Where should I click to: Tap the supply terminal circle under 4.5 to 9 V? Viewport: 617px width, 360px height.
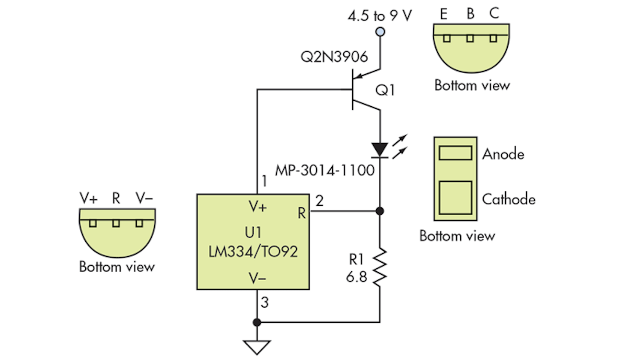pyautogui.click(x=380, y=32)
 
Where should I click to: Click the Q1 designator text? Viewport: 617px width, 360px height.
pyautogui.click(x=385, y=90)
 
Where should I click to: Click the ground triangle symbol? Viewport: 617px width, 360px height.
pyautogui.click(x=257, y=347)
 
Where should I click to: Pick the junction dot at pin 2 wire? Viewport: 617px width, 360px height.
pyautogui.click(x=380, y=211)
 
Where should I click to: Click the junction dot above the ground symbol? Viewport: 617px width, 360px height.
pyautogui.click(x=257, y=322)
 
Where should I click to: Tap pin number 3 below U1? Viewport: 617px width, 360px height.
pyautogui.click(x=265, y=303)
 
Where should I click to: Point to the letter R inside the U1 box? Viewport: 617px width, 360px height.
pyautogui.click(x=302, y=213)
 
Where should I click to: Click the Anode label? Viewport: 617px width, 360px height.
pyautogui.click(x=503, y=153)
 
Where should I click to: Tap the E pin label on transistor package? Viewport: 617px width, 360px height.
pyautogui.click(x=444, y=15)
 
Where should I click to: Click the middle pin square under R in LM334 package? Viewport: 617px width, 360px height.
pyautogui.click(x=115, y=224)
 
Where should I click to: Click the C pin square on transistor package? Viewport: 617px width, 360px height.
pyautogui.click(x=493, y=38)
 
